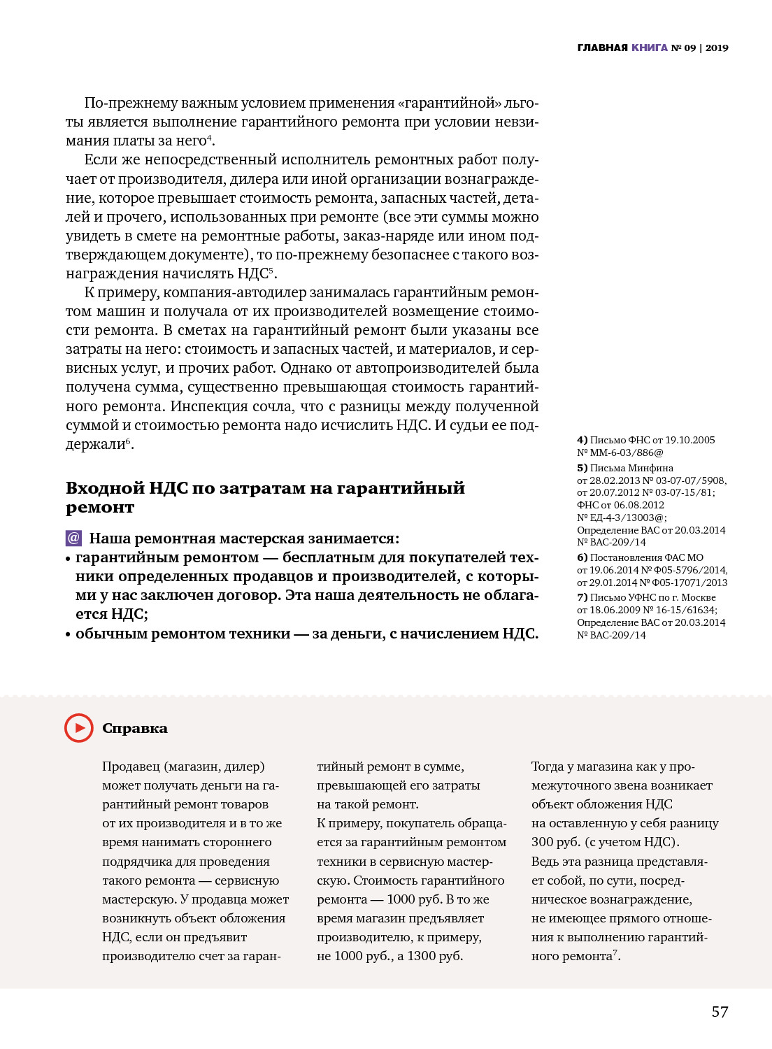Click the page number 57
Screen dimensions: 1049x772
tap(720, 1012)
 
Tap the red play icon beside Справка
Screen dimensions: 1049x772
tap(79, 728)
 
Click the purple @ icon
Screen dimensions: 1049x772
tap(73, 538)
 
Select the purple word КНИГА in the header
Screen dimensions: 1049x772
tap(650, 48)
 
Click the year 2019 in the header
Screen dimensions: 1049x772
tap(717, 48)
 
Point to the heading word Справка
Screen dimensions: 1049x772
tap(135, 728)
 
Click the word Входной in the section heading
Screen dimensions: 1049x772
tap(105, 488)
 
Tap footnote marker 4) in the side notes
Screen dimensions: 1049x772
tap(582, 440)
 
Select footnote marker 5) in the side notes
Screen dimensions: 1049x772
tap(582, 468)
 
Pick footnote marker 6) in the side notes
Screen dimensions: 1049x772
tap(582, 557)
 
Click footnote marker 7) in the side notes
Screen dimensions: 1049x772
tap(582, 597)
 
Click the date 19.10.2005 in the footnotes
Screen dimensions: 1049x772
tap(690, 440)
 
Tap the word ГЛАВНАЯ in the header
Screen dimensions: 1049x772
tap(602, 48)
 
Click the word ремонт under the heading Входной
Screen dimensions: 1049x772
tap(100, 508)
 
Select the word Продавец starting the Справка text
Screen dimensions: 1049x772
tap(130, 766)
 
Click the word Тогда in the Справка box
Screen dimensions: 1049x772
tap(548, 766)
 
